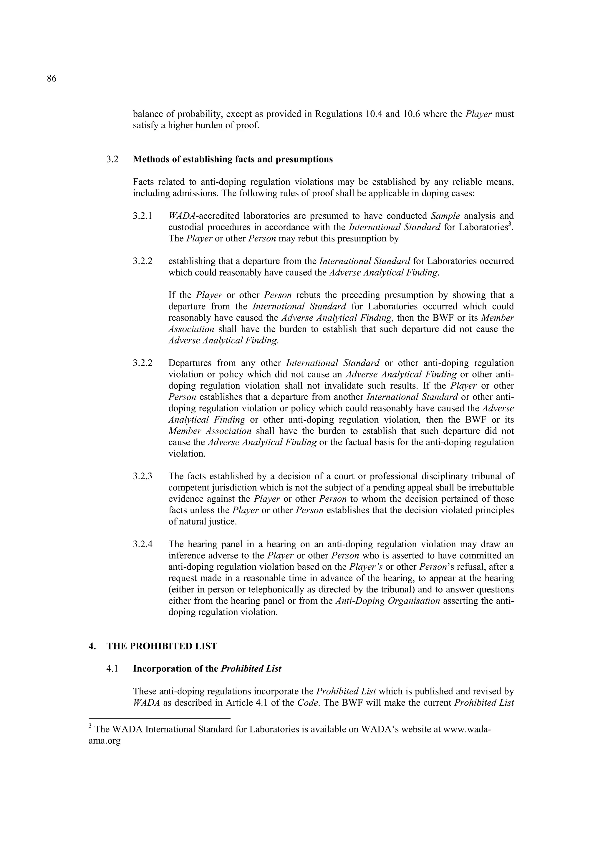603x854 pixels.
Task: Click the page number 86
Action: [52, 79]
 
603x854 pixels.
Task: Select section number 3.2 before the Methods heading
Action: [112, 160]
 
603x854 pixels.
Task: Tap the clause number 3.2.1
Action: [143, 216]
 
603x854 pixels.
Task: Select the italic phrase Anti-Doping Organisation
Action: [387, 601]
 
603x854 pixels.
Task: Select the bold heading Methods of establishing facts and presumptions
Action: [233, 160]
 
